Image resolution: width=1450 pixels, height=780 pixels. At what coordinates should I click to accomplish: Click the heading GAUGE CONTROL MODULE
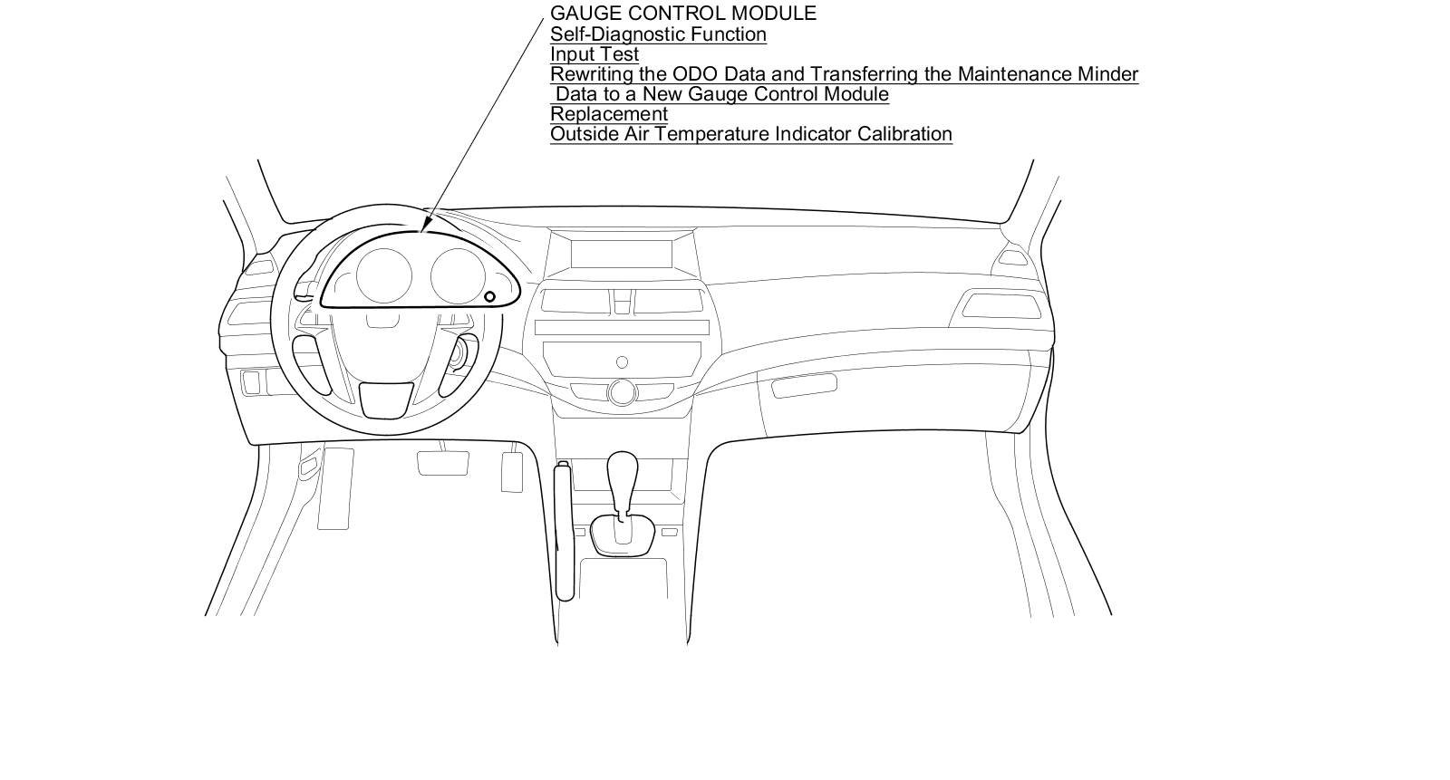682,14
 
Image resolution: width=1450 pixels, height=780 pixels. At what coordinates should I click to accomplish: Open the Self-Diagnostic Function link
658,34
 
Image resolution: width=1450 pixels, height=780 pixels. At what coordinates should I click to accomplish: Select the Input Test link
594,54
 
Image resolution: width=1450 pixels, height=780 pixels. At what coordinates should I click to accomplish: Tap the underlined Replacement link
608,114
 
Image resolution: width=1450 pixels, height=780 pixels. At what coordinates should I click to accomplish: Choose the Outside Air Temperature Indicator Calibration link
750,134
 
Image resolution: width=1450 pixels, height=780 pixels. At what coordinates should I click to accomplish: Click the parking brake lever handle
565,530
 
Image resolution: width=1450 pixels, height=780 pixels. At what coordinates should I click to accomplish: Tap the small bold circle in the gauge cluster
489,296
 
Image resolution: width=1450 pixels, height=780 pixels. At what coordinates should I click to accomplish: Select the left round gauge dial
383,274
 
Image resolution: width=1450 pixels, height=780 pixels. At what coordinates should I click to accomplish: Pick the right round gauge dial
459,275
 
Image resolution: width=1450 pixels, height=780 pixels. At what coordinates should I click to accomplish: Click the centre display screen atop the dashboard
622,253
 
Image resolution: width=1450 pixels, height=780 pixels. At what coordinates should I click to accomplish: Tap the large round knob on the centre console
622,392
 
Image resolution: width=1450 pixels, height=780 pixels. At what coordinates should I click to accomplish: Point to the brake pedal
442,462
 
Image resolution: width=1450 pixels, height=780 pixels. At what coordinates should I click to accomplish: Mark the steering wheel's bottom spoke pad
386,399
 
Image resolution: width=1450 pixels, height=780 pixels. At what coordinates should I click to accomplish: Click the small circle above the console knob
622,362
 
